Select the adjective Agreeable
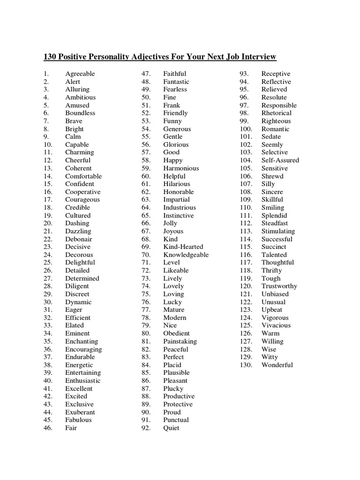pyautogui.click(x=80, y=74)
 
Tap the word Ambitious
pyautogui.click(x=80, y=97)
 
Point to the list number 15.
pyautogui.click(x=48, y=184)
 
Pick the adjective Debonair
pyautogui.click(x=79, y=239)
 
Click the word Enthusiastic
pyautogui.click(x=82, y=381)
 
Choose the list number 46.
pyautogui.click(x=48, y=428)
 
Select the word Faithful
pyautogui.click(x=174, y=74)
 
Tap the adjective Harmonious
pyautogui.click(x=181, y=168)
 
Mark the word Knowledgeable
pyautogui.click(x=186, y=255)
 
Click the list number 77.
pyautogui.click(x=146, y=310)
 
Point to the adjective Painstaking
pyautogui.click(x=180, y=341)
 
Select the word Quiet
pyautogui.click(x=171, y=428)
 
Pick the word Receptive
pyautogui.click(x=276, y=74)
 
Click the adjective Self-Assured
pyautogui.click(x=280, y=160)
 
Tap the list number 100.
pyautogui.click(x=246, y=129)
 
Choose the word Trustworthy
pyautogui.click(x=279, y=286)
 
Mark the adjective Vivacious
pyautogui.click(x=276, y=325)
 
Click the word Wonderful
pyautogui.click(x=277, y=365)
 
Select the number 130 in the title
pyautogui.click(x=50, y=57)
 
